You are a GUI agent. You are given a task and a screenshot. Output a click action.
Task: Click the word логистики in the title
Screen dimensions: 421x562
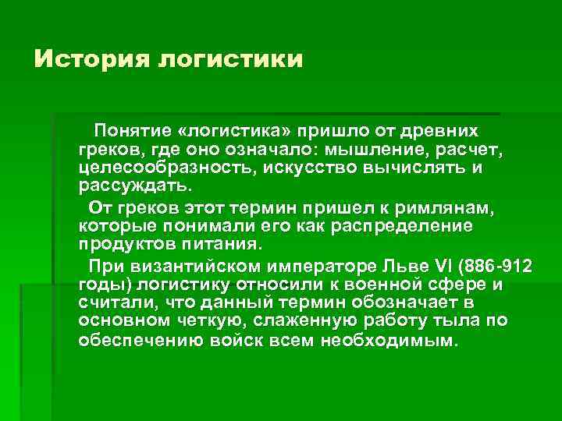coord(229,60)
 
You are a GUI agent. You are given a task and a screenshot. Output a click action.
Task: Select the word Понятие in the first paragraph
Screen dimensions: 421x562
coord(132,129)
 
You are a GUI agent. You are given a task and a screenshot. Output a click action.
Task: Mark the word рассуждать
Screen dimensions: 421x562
coord(133,187)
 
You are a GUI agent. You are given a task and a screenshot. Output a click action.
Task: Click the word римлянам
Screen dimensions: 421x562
coord(446,207)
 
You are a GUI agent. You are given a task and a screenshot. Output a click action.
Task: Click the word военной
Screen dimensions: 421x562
coord(382,285)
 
